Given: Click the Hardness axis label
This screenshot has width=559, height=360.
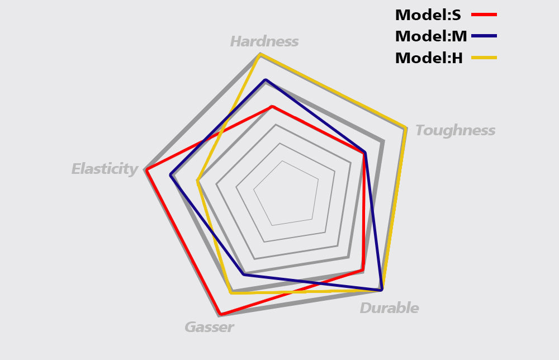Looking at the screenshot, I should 264,41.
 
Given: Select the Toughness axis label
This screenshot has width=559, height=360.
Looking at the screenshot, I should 455,130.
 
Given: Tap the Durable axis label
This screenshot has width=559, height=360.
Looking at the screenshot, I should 389,308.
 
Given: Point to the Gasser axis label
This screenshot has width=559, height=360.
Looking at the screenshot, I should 209,327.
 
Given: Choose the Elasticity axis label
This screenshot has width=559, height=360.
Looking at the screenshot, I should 105,169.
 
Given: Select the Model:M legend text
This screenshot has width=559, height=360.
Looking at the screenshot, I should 430,36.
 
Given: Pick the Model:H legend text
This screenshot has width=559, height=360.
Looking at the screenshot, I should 429,58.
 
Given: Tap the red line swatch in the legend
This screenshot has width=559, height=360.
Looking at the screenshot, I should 484,15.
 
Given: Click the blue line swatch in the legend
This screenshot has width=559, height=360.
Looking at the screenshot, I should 484,36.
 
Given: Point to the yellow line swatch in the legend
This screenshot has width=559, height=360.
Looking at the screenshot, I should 484,57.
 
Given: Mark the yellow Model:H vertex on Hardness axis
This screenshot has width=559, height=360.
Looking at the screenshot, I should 260,54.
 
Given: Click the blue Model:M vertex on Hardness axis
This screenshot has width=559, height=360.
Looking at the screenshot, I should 266,80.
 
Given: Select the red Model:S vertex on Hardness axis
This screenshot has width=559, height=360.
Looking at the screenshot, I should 272,106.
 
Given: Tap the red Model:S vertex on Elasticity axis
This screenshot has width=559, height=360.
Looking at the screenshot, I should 147,170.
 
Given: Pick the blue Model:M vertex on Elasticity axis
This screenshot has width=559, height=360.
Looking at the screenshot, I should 171,176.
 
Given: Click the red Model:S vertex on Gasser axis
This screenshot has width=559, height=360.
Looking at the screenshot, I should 221,314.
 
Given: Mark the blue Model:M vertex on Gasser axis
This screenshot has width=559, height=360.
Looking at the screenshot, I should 244,274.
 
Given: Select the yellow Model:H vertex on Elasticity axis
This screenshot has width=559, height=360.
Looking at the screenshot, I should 197,181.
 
